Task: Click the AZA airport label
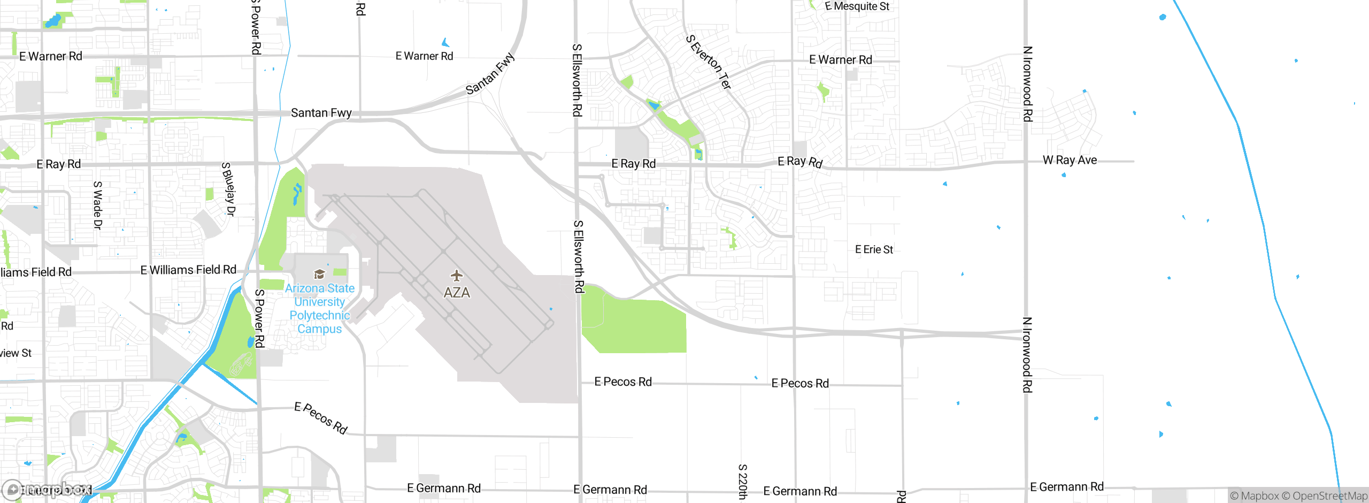457,293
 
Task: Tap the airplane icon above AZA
456,276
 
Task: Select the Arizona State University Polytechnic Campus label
320,308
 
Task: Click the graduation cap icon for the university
319,275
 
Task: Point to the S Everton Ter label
709,62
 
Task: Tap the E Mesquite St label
857,6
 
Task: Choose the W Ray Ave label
1070,160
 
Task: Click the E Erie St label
874,249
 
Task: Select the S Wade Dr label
98,205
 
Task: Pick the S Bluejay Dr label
228,189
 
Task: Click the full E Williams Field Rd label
188,270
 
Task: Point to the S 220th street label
743,482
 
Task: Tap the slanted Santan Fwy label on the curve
490,74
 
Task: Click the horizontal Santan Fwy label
321,113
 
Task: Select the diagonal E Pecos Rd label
321,418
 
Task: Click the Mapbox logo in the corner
48,489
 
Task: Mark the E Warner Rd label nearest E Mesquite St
840,60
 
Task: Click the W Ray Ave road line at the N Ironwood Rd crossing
1026,161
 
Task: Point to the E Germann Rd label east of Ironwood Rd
1066,487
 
